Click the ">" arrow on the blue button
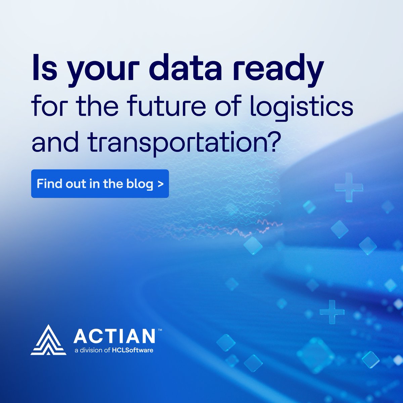pos(161,184)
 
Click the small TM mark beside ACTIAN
pos(160,330)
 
